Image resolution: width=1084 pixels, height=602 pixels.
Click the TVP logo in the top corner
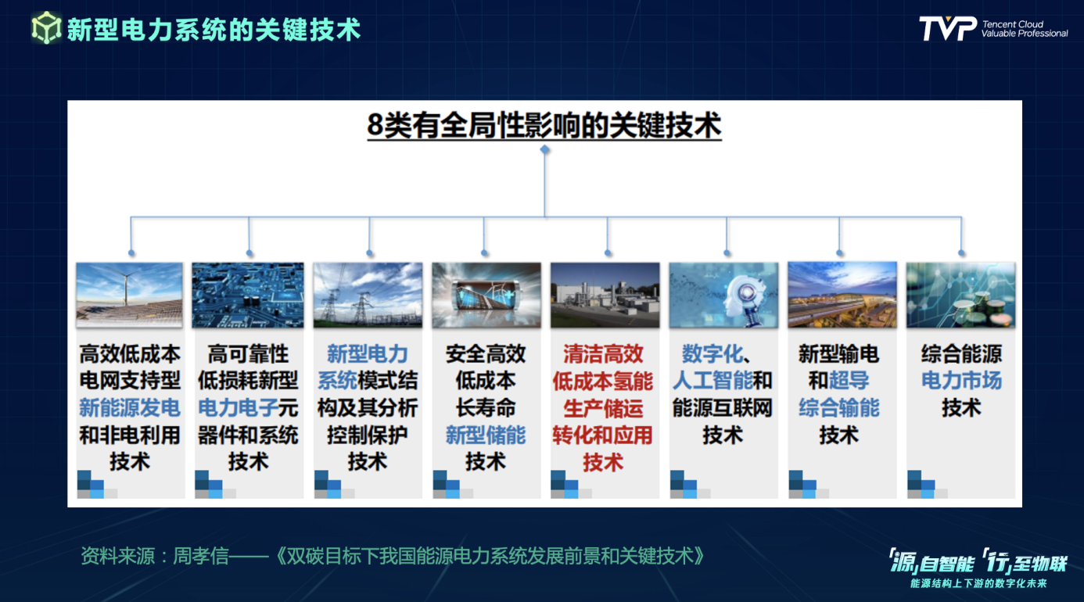click(x=948, y=29)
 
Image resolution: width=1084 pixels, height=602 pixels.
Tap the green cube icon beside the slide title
click(x=46, y=27)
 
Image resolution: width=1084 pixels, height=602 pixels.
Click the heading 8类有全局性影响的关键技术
click(x=544, y=125)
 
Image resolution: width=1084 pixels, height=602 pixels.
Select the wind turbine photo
click(x=129, y=295)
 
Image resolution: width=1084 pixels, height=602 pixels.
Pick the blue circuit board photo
click(x=248, y=295)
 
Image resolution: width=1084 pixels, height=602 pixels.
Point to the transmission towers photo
click(x=368, y=295)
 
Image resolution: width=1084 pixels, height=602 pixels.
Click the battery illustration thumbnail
click(x=486, y=295)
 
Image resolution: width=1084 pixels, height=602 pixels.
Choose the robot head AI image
click(x=723, y=295)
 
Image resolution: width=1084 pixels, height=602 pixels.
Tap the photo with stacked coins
click(x=960, y=295)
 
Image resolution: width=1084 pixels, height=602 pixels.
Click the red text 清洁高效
click(x=603, y=353)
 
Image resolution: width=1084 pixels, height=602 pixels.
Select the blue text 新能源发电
click(x=130, y=407)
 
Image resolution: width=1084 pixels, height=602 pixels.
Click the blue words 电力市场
click(x=961, y=381)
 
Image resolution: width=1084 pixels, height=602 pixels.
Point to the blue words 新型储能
click(x=486, y=435)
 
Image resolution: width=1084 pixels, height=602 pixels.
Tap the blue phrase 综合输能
click(x=838, y=407)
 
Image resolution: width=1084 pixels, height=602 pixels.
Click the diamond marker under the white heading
click(x=545, y=149)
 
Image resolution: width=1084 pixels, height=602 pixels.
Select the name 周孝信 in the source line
click(x=201, y=556)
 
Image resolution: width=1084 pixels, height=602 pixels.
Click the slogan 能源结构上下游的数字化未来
click(x=978, y=583)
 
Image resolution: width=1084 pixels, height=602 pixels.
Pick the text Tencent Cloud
click(x=1013, y=24)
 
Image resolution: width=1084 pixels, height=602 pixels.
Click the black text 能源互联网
click(x=723, y=407)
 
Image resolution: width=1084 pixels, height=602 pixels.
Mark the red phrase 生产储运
click(x=603, y=407)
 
